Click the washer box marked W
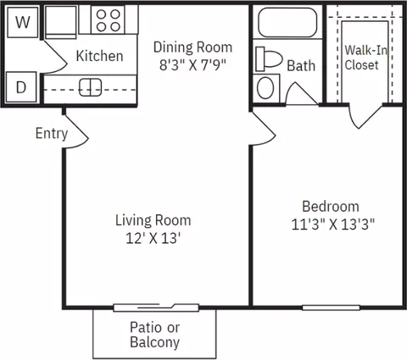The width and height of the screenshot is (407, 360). point(23,22)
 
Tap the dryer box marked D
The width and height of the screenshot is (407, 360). point(21,87)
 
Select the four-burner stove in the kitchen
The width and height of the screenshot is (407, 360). point(108,19)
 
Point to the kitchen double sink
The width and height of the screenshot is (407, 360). point(90,87)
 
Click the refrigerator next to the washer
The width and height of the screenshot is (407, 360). point(61,22)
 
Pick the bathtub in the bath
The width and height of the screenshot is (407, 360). point(287,22)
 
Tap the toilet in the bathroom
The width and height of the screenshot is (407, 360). point(269,58)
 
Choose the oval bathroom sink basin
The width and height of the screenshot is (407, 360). point(265,88)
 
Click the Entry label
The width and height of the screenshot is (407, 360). point(52,133)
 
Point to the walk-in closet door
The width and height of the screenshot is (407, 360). point(365,117)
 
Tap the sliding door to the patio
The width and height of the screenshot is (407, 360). point(156,307)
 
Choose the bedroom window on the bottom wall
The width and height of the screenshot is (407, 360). point(331,307)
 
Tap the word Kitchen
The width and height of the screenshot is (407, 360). point(99,56)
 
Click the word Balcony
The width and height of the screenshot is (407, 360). point(155,342)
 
